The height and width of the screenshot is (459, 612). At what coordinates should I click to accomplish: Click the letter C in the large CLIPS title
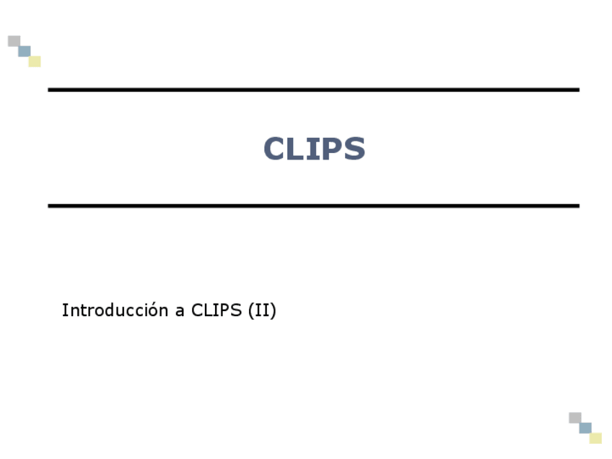click(276, 149)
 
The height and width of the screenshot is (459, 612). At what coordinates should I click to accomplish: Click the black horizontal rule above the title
click(313, 89)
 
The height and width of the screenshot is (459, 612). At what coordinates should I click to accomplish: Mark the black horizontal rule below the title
click(313, 206)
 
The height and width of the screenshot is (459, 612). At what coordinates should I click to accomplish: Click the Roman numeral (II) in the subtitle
click(261, 310)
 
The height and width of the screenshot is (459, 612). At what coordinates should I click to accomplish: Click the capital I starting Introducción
click(64, 310)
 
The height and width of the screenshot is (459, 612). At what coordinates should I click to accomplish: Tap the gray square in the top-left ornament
click(14, 41)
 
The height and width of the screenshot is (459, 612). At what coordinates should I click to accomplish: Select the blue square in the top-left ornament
click(25, 51)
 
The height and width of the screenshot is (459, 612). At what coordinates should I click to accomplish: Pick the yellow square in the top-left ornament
click(35, 61)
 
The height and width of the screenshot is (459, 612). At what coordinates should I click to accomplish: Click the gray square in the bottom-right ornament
click(574, 418)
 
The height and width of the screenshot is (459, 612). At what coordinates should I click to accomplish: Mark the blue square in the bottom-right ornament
click(585, 428)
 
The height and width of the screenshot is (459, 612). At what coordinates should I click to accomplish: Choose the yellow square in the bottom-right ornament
click(595, 438)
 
